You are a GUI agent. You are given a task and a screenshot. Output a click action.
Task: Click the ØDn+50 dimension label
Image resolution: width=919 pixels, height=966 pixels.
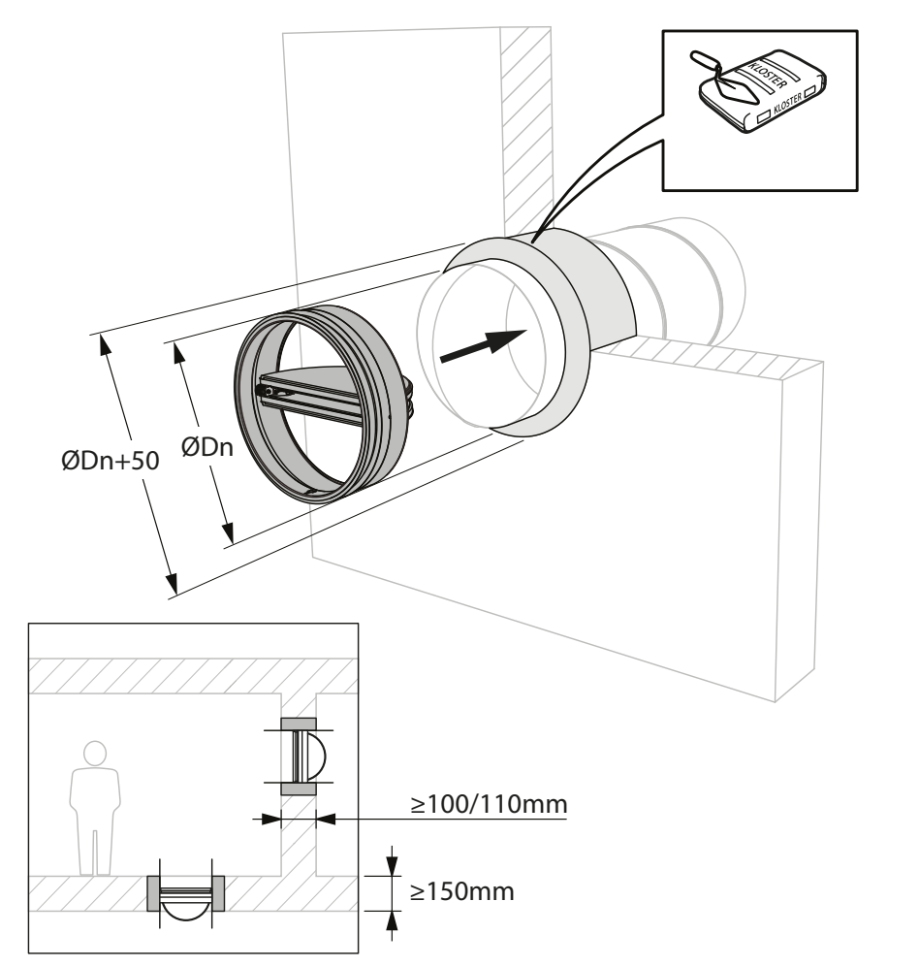(x=111, y=460)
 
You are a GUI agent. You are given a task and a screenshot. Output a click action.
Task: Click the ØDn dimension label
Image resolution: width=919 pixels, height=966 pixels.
(x=207, y=447)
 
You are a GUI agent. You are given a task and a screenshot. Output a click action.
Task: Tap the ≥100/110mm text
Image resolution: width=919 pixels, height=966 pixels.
(x=489, y=804)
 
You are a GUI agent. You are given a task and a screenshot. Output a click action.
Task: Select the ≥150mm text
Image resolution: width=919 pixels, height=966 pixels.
(x=462, y=891)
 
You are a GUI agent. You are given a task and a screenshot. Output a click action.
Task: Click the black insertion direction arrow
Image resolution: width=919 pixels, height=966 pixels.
(x=483, y=345)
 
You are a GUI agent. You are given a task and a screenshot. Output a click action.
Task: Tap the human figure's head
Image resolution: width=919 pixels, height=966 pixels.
(x=95, y=753)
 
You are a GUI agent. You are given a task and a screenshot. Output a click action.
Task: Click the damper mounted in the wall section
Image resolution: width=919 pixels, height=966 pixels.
(x=299, y=756)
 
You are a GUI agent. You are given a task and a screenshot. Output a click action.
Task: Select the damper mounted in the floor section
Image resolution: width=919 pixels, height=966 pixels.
(x=185, y=893)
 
